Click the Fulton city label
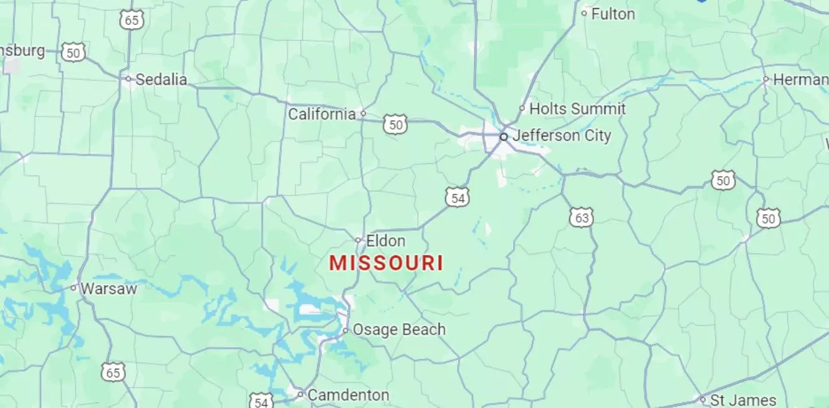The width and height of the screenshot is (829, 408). coord(613,14)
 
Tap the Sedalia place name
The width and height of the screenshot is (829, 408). coord(161,79)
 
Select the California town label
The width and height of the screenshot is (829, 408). coord(322,114)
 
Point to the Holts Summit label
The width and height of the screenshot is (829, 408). coord(577,108)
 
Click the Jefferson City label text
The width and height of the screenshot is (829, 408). coord(562,135)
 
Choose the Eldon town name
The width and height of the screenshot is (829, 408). coord(386,240)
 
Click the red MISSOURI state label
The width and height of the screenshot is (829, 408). coord(386,263)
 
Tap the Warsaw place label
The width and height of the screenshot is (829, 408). coord(108,288)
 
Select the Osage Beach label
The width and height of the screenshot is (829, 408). coord(399,330)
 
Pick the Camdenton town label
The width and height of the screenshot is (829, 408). coord(348,395)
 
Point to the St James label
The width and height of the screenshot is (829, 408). coord(743,399)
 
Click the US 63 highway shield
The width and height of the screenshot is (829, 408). coord(581,217)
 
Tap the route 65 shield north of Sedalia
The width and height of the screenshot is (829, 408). coord(132,20)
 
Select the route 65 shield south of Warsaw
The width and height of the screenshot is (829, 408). coord(113,372)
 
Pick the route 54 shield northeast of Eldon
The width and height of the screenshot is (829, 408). coord(458,198)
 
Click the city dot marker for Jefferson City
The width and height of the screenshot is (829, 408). coord(504,136)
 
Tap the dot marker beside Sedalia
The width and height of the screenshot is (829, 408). coord(128,79)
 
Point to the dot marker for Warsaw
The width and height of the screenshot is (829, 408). coord(74,288)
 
